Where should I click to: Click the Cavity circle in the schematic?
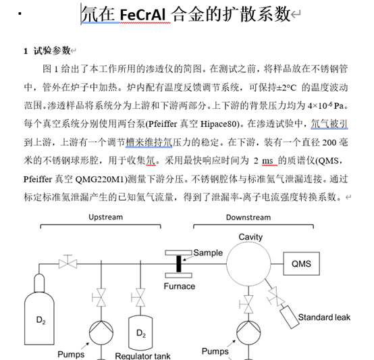click(x=248, y=241)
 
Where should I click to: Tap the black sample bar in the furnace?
click(x=179, y=263)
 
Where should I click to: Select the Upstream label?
click(x=106, y=217)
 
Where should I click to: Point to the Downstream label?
click(x=248, y=217)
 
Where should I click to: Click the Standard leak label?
click(x=324, y=317)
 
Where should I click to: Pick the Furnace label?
click(x=180, y=286)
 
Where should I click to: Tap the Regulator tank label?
click(x=142, y=356)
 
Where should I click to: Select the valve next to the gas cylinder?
click(x=68, y=263)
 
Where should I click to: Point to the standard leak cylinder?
click(x=290, y=317)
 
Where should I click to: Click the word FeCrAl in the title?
click(x=142, y=15)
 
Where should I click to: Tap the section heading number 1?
click(x=26, y=51)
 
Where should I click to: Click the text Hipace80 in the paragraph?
click(x=220, y=124)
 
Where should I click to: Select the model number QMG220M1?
click(x=102, y=179)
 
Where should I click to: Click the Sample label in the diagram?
click(x=208, y=253)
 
